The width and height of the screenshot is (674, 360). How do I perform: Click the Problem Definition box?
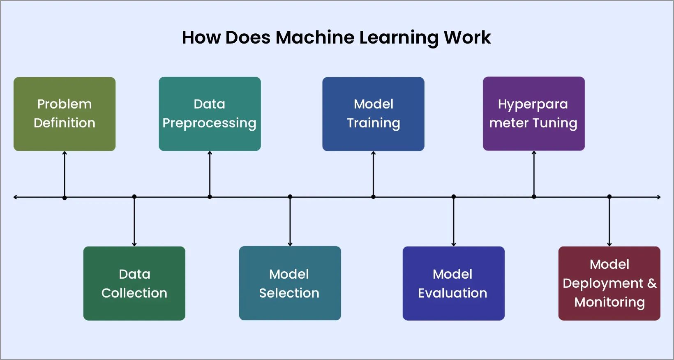[x=65, y=114]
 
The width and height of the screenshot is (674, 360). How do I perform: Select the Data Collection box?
[x=134, y=283]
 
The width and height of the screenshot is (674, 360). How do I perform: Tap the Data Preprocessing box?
[x=210, y=114]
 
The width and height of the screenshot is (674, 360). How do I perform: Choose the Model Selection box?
[x=290, y=283]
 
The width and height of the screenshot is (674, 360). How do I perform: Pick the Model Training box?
[x=373, y=114]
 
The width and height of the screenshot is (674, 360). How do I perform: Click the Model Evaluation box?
[x=453, y=283]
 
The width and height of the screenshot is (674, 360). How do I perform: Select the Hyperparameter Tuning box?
[x=533, y=114]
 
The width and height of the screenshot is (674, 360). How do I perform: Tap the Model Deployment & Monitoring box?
[x=609, y=283]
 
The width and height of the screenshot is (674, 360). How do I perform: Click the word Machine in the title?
[x=315, y=37]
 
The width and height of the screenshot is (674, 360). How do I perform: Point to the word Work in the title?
[x=467, y=37]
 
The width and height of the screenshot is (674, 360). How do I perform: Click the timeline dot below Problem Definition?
[x=65, y=198]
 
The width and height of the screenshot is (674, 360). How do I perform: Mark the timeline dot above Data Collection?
[x=134, y=197]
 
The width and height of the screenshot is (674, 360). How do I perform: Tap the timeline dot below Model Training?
[x=373, y=197]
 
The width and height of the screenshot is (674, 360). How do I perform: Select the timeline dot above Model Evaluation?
[x=454, y=197]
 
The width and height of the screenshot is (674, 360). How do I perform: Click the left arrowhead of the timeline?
[x=16, y=197]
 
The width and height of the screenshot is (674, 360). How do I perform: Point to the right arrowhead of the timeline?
[x=658, y=197]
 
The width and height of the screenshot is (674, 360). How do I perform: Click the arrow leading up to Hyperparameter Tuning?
[x=534, y=173]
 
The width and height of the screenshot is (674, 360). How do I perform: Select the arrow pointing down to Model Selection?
[x=290, y=222]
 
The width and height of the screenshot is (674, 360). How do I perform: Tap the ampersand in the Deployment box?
[x=652, y=283]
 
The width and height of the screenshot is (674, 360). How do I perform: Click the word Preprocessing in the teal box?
[x=209, y=123]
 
